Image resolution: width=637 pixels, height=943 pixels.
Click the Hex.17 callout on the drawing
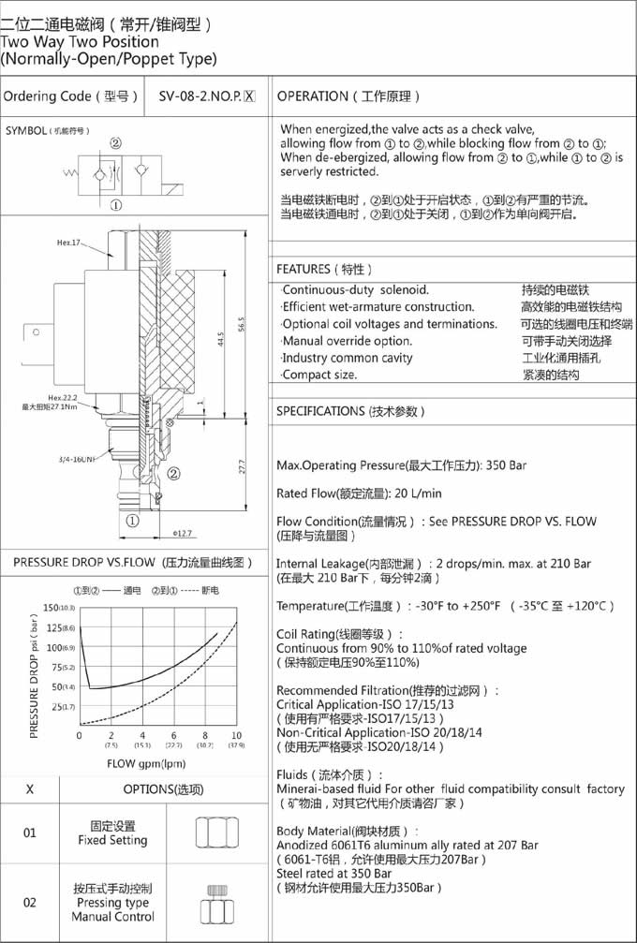[68, 243]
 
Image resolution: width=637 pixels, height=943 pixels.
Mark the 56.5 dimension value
[241, 322]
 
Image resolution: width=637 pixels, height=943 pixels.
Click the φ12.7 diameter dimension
[183, 533]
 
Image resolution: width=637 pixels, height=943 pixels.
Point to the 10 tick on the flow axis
[236, 735]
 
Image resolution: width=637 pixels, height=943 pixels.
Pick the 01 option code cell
[30, 832]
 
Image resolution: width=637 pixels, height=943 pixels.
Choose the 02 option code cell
[30, 902]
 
